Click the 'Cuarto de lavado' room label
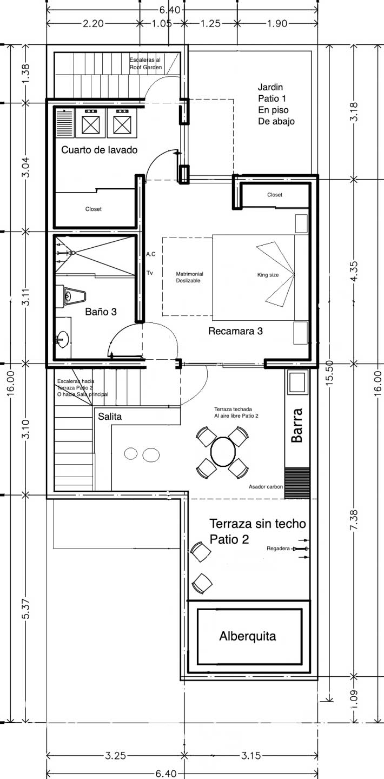100,150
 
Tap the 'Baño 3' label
101,312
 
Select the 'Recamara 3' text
235,331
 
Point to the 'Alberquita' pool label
248,636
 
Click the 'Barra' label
297,425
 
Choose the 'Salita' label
110,417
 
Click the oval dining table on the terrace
223,451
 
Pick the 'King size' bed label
268,275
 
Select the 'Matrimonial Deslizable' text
189,277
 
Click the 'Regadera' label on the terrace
278,549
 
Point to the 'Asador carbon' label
266,486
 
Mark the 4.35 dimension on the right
354,272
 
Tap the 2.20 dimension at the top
93,24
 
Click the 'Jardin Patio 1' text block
276,104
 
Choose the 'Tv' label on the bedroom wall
150,273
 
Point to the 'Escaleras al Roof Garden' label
145,64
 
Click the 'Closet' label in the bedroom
275,195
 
